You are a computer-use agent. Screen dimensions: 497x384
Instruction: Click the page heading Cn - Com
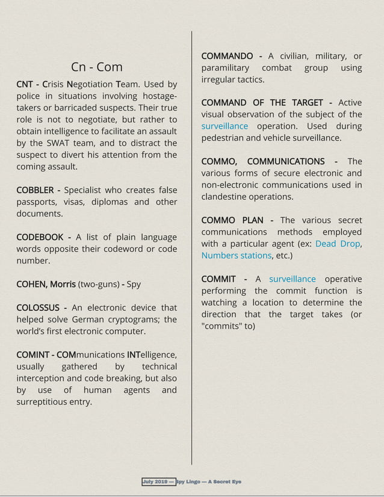click(96, 66)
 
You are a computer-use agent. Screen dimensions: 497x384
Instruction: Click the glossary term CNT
click(26, 85)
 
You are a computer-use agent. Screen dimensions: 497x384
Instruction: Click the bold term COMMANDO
click(227, 57)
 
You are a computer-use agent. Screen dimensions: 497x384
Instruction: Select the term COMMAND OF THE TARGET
click(262, 103)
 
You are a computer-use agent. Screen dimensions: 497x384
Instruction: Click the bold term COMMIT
click(218, 279)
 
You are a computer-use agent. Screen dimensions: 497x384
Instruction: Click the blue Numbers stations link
click(237, 256)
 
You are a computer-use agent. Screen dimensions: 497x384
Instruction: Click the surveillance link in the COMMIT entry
click(292, 279)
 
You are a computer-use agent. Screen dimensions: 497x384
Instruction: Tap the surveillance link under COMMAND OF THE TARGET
click(225, 126)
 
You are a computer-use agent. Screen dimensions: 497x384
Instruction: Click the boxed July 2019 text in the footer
click(158, 481)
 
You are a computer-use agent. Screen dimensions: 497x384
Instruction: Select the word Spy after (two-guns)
click(133, 284)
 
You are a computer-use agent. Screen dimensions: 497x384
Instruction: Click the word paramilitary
click(225, 68)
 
